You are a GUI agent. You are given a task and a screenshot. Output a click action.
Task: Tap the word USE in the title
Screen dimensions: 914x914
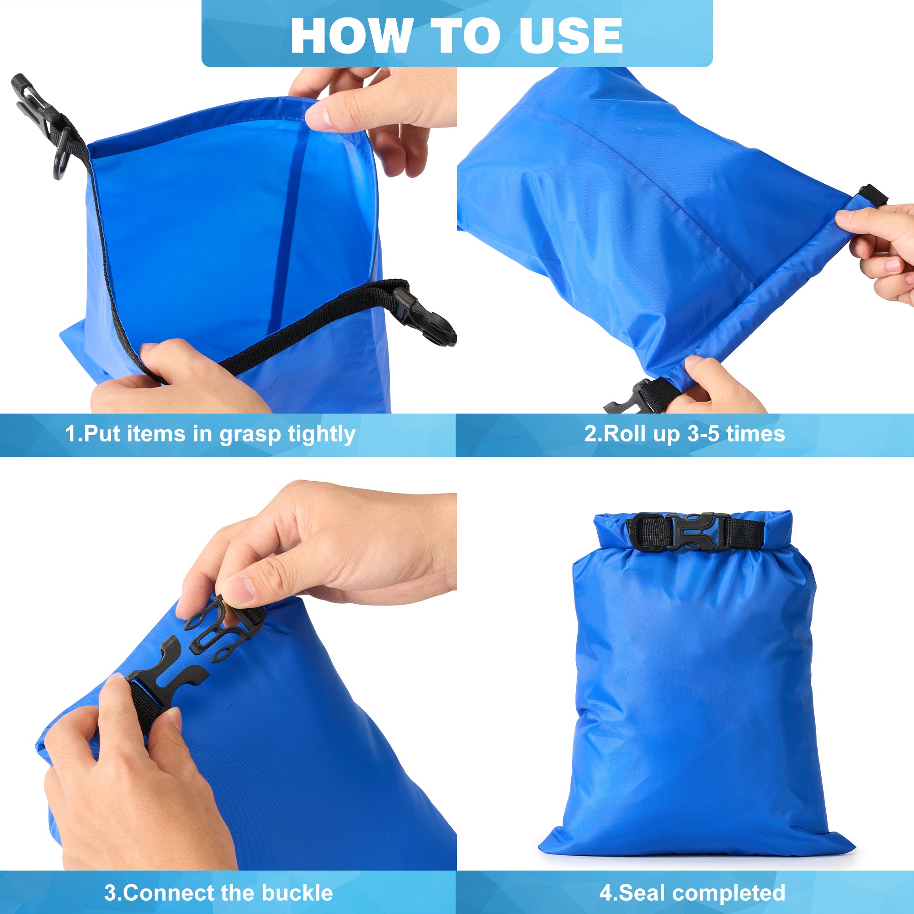pos(570,36)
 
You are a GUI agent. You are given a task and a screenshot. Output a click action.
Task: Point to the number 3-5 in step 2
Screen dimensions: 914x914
pos(704,433)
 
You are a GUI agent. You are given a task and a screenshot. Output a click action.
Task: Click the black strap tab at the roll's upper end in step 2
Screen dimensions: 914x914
pos(872,196)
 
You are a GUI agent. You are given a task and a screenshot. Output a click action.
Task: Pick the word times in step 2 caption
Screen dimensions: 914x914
pos(755,433)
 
